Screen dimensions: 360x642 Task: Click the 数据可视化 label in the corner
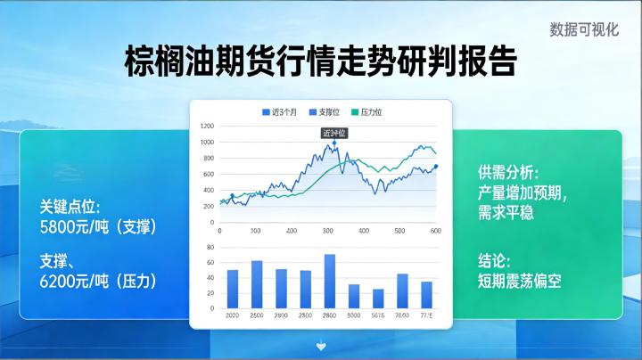pos(584,29)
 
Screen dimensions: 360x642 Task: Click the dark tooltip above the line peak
pos(333,132)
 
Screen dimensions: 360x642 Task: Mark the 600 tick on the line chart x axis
pos(436,231)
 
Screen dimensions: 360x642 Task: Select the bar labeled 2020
pos(233,289)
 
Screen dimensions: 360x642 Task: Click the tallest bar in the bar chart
pos(329,281)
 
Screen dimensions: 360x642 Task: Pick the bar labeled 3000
pos(354,296)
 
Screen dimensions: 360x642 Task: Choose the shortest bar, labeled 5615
pos(378,299)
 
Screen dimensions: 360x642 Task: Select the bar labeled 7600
pos(402,290)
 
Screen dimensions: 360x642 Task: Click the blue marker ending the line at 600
pos(436,167)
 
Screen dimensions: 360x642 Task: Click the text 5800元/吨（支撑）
pos(98,227)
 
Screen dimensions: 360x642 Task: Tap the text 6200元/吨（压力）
pos(98,280)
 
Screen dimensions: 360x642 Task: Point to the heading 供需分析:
pos(508,172)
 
